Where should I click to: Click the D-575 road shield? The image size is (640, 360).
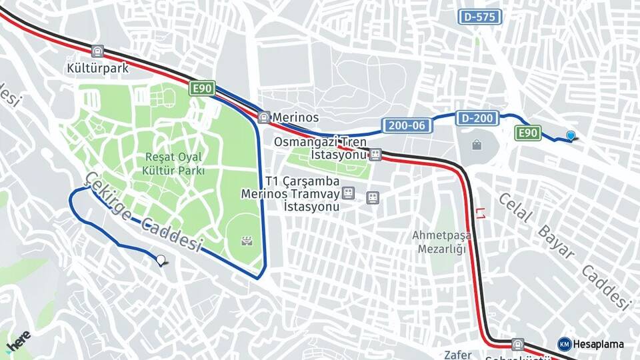coord(479,17)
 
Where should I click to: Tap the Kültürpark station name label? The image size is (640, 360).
coord(97,67)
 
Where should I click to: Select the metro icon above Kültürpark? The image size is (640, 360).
coord(98,51)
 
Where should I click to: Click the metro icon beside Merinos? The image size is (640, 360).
coord(264,117)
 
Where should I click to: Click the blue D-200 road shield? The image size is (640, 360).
coord(477,119)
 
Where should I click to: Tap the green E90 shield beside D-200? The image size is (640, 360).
coord(528,133)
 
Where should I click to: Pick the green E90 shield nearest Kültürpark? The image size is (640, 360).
coord(201,89)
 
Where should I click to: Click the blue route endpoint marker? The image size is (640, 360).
coord(571,135)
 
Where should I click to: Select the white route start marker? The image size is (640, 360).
coord(160,260)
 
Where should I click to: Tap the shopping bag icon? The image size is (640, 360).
coord(477,145)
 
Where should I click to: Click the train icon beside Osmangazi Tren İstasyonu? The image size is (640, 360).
coord(375,155)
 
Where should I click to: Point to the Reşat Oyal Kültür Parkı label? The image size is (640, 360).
coord(174,163)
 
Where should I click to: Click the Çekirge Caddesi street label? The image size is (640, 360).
coord(143,211)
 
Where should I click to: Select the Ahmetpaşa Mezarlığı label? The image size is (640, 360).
coord(441,242)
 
